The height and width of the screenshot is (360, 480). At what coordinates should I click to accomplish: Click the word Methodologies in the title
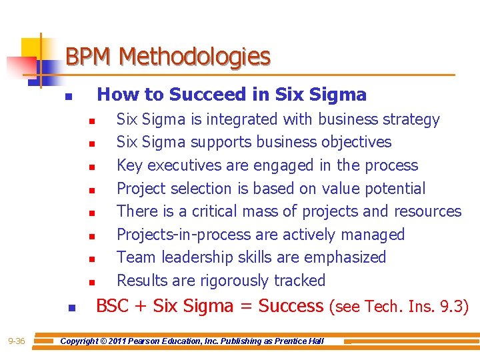[x=195, y=57]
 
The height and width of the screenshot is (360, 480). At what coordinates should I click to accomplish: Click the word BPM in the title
[x=90, y=57]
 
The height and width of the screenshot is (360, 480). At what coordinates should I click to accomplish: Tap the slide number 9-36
[x=17, y=341]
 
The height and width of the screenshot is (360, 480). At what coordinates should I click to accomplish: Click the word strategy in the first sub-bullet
[x=412, y=119]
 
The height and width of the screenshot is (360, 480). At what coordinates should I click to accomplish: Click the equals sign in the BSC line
[x=244, y=307]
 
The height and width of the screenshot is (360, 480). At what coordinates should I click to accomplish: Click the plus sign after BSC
[x=141, y=307]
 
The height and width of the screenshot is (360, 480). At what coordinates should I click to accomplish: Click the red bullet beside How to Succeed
[x=67, y=97]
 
